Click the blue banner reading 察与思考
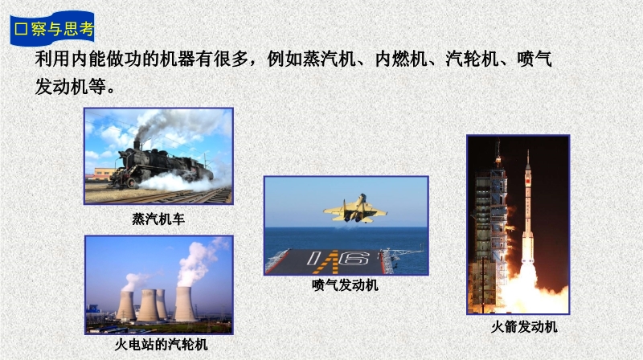[x=52, y=29]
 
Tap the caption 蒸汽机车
[x=158, y=219]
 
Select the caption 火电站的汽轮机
[x=162, y=345]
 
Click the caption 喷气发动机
[x=345, y=285]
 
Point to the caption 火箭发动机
[x=524, y=327]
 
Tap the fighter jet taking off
[x=355, y=209]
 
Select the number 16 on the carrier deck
[x=339, y=258]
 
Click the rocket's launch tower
[x=490, y=230]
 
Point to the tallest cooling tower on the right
[x=185, y=304]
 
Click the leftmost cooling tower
[x=126, y=305]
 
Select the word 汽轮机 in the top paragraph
[x=472, y=59]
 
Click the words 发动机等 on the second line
[x=70, y=87]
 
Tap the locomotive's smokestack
[x=137, y=145]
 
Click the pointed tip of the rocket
[x=528, y=150]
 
